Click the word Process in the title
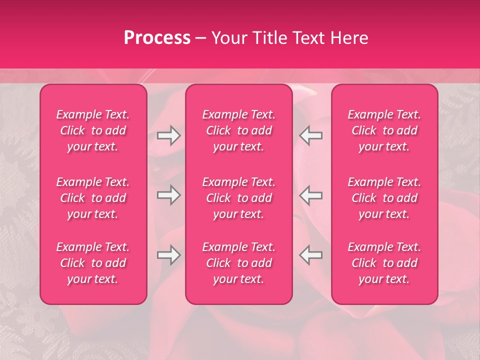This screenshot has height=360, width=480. (x=157, y=38)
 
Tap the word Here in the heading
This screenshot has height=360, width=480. (x=348, y=38)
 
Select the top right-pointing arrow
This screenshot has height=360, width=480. (x=168, y=135)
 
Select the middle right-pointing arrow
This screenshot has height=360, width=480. (x=168, y=195)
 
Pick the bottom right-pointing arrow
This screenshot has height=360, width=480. (x=168, y=255)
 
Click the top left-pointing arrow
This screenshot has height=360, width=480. (x=311, y=135)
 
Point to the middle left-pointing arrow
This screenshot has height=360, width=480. (x=311, y=195)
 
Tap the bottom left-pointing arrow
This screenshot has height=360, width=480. (x=311, y=255)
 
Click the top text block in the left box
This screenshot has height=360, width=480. (x=93, y=130)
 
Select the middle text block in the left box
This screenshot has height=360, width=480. (x=93, y=198)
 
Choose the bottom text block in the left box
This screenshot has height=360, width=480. (x=93, y=263)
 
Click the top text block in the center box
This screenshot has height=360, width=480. (x=239, y=130)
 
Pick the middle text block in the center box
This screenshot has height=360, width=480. (x=239, y=198)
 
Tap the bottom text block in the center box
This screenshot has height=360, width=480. (x=239, y=263)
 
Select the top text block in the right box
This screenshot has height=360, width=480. (x=384, y=130)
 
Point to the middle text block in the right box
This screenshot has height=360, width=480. (x=384, y=198)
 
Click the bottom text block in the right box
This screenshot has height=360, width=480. (x=384, y=263)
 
